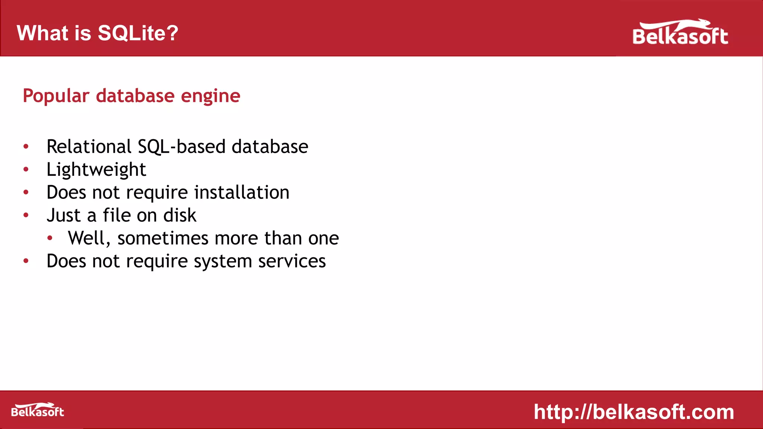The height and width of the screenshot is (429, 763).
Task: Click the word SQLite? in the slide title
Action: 138,33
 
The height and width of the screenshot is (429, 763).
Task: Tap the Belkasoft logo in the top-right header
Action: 680,33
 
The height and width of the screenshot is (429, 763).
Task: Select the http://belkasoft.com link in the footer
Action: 634,412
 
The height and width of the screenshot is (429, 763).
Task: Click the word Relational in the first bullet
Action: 89,146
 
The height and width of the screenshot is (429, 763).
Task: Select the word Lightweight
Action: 96,170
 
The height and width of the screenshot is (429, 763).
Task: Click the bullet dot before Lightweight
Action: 26,169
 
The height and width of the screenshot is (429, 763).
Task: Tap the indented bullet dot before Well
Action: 50,238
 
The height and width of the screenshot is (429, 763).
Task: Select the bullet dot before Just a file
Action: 26,215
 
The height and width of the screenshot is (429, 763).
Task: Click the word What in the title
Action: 42,33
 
